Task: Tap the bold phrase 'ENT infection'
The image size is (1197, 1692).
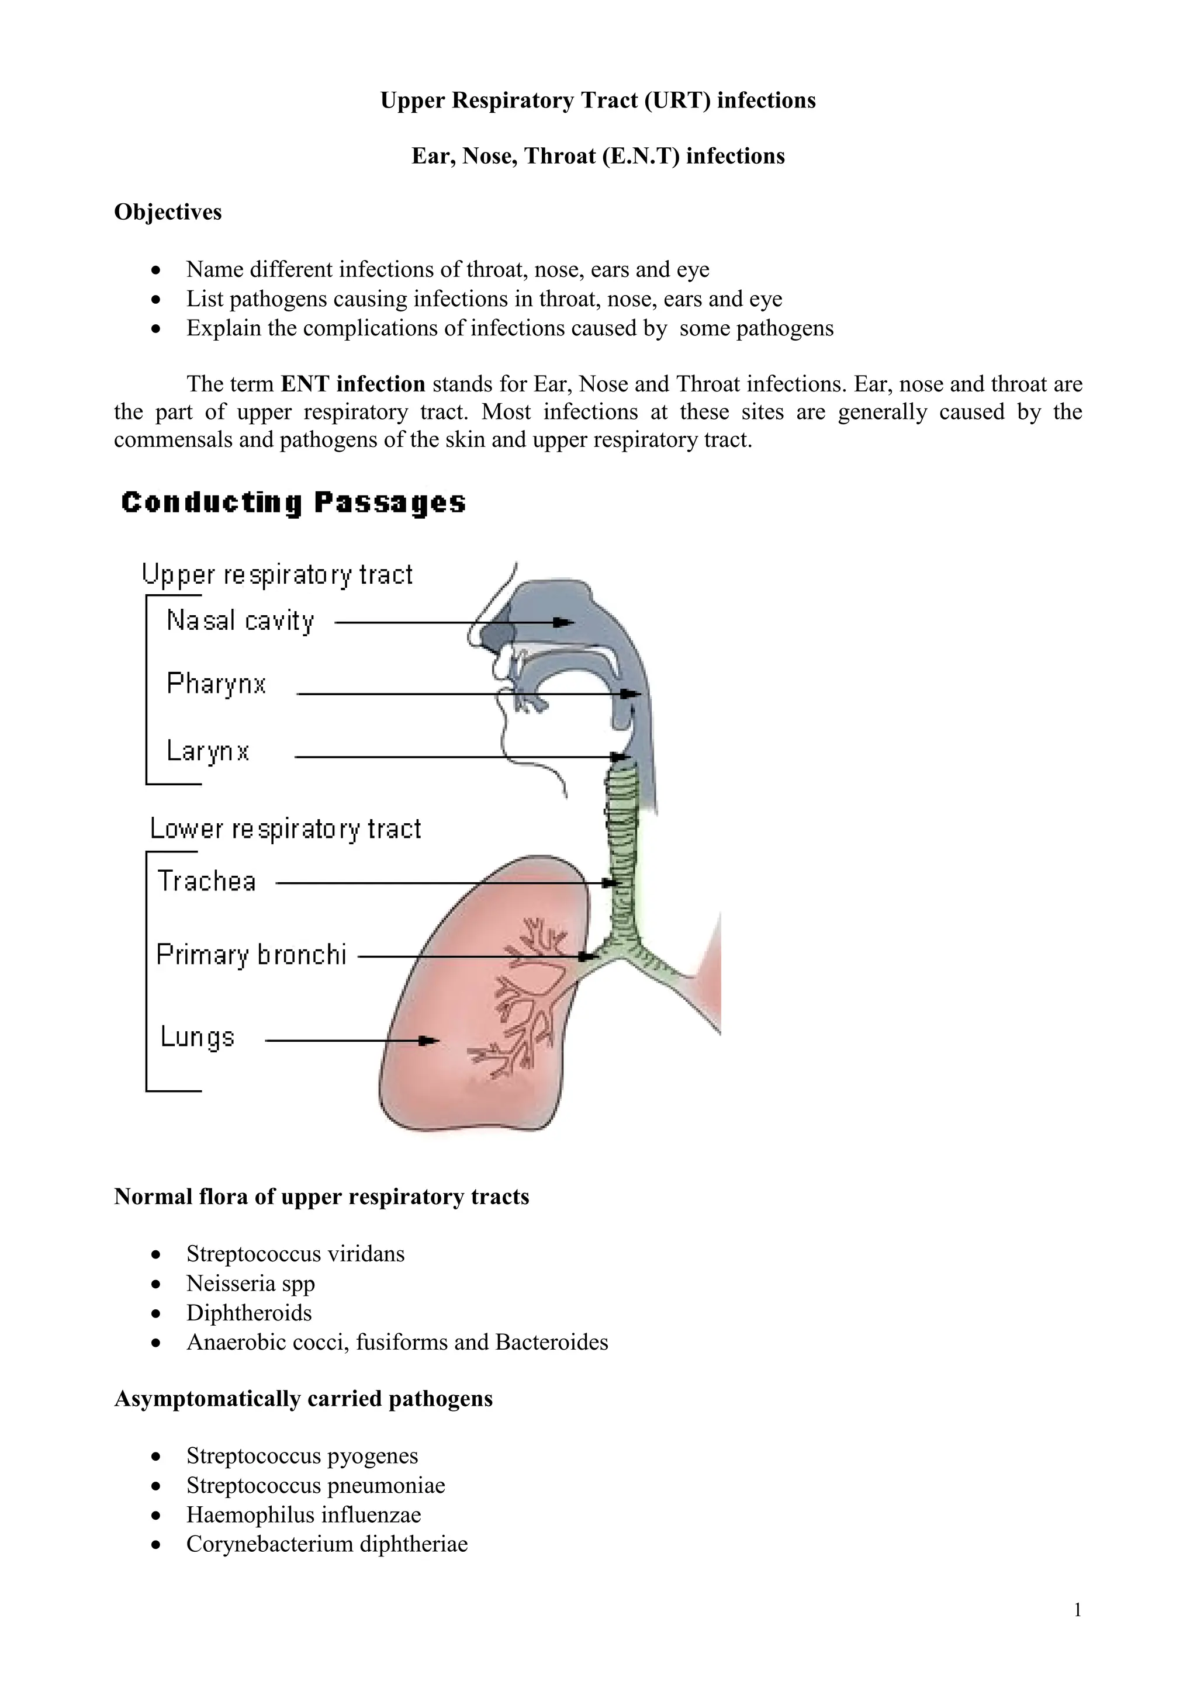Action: [353, 384]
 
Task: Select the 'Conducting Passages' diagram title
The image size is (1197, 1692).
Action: [293, 502]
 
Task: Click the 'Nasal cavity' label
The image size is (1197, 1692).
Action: [240, 621]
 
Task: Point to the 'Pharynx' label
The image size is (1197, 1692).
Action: [216, 684]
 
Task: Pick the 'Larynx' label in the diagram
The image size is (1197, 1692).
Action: [208, 751]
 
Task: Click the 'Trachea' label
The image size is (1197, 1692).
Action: [206, 882]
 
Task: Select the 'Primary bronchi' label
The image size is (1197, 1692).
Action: [251, 955]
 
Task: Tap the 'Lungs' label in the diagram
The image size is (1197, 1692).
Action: [197, 1037]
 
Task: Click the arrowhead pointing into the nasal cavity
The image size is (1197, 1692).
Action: [564, 623]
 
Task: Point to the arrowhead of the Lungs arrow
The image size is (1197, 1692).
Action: [427, 1041]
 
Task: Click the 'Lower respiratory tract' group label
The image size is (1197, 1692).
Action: [285, 829]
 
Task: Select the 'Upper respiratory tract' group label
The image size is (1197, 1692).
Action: [277, 575]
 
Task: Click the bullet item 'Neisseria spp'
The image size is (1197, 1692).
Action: [251, 1283]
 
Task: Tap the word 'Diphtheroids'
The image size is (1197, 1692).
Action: [249, 1312]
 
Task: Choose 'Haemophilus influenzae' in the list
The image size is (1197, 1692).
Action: [304, 1514]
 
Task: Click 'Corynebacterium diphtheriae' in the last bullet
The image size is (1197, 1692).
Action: [327, 1544]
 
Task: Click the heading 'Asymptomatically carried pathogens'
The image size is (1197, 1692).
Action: [303, 1399]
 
